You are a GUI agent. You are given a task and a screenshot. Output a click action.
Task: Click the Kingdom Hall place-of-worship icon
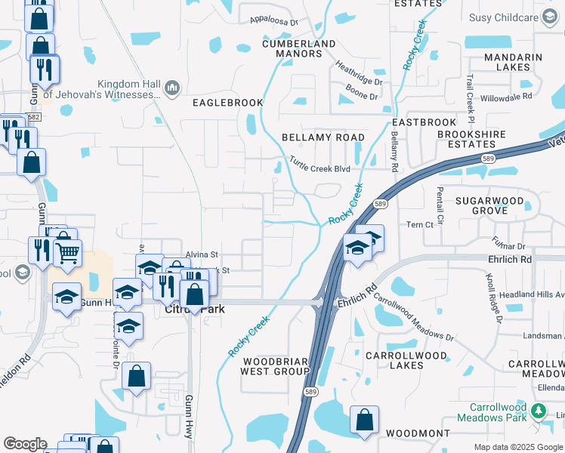coord(171,88)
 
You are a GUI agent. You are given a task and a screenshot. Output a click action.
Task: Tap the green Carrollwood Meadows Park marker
coord(539,411)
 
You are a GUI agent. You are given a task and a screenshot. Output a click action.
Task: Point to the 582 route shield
coord(33,117)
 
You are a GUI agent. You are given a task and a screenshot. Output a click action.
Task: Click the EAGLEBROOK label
coord(227,103)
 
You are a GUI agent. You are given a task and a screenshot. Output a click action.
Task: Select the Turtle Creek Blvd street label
coord(320,169)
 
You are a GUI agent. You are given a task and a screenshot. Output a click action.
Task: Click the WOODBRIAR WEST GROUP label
coord(275,365)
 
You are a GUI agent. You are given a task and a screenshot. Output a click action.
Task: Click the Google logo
coord(25,444)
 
